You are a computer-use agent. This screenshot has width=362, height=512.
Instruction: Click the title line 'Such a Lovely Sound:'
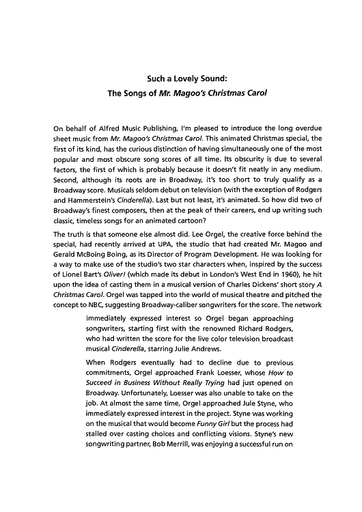[180, 79]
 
